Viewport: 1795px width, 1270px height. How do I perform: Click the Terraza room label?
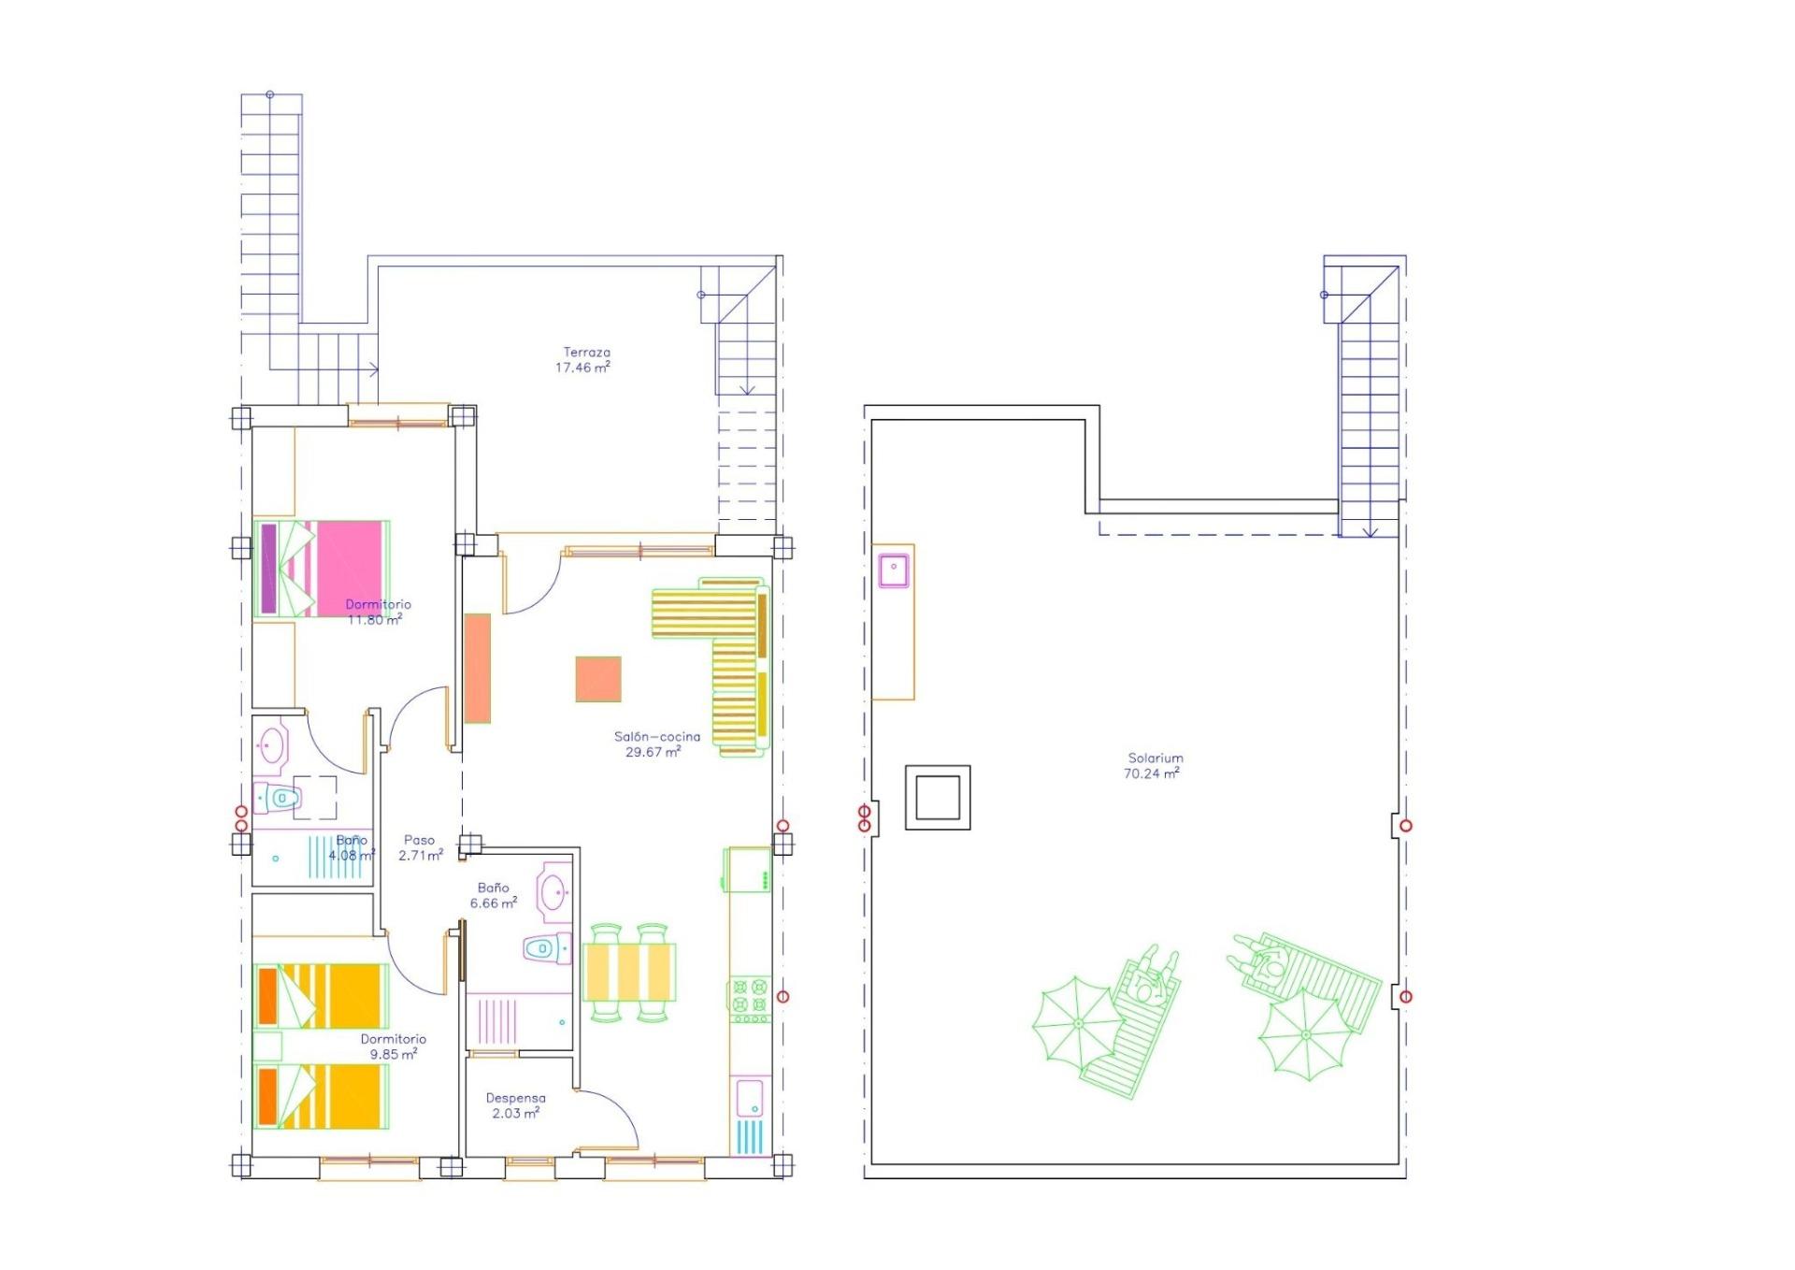coord(586,353)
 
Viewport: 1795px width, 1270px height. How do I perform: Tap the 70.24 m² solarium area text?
coord(1151,773)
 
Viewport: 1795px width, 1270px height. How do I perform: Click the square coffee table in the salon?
coord(598,679)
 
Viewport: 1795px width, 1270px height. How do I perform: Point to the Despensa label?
coord(515,1098)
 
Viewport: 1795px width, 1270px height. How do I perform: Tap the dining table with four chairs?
coord(628,973)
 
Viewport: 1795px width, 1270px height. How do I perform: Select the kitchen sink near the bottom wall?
coord(749,1097)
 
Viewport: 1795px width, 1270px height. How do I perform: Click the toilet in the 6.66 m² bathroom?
coord(546,948)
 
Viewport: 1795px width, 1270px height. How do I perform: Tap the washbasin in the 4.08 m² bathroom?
coord(272,746)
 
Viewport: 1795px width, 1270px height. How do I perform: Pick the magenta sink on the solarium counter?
coord(893,570)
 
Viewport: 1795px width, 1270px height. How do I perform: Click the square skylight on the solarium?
coord(937,798)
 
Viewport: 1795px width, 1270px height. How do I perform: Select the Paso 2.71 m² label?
coord(420,847)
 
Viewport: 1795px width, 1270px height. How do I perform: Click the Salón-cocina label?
coord(656,736)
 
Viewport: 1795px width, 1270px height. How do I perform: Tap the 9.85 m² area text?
coord(393,1054)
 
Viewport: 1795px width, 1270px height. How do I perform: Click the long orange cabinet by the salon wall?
coord(477,668)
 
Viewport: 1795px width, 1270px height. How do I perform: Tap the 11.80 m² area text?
coord(374,619)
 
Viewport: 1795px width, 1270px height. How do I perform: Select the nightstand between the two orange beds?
coord(268,1045)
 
